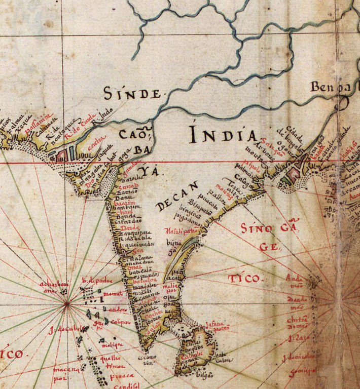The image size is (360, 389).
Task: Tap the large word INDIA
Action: coord(223,134)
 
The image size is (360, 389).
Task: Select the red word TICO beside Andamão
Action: coord(246,278)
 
